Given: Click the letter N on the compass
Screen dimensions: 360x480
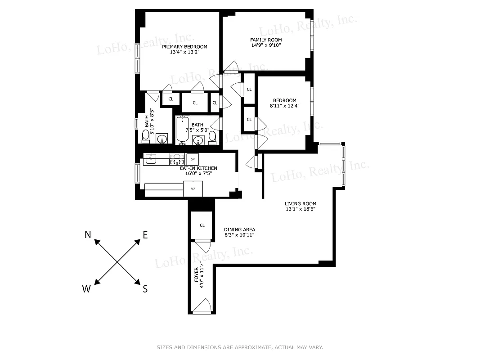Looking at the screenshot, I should tap(88, 234).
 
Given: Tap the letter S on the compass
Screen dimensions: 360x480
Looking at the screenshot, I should tap(145, 289).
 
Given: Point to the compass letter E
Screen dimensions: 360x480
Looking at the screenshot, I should tap(145, 234).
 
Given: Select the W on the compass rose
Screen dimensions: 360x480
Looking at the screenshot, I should tap(86, 289).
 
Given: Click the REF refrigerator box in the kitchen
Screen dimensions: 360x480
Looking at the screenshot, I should tap(193, 189).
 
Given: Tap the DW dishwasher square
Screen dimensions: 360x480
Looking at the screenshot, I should tap(193, 159).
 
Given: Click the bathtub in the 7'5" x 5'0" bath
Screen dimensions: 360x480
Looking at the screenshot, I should tap(182, 130).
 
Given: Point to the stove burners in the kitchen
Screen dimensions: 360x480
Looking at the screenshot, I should tap(177, 159).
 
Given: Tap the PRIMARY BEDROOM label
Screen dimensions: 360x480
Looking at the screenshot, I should tap(184, 47).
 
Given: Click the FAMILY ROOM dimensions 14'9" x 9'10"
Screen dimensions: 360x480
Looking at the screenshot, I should tap(266, 45).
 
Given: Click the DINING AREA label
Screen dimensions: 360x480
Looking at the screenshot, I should tap(240, 229).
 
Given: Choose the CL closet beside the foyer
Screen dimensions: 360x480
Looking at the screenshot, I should tap(202, 225).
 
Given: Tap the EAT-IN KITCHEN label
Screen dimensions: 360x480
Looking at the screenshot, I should tap(196, 168).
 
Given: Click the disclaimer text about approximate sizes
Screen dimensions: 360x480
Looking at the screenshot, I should tap(240, 347).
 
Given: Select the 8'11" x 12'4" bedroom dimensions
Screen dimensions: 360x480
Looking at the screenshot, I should tap(284, 106).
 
